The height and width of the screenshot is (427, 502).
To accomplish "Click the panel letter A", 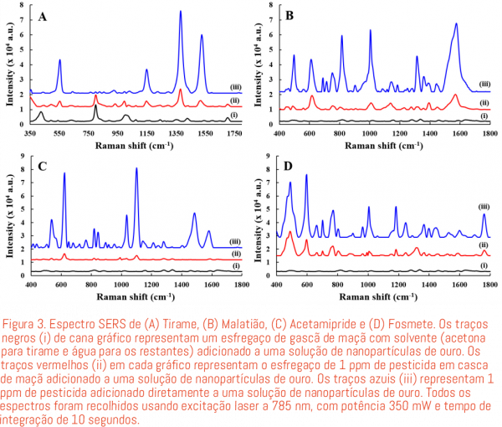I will (x=42, y=16).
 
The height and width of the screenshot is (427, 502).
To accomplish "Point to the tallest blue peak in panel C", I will (x=136, y=170).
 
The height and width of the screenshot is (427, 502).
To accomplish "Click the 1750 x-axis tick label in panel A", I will (x=235, y=134).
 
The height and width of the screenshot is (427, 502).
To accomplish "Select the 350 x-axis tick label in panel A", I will (x=31, y=134).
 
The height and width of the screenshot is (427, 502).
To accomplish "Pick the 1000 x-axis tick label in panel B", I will (x=370, y=134).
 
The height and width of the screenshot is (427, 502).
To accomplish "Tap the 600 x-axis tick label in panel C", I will (x=61, y=286).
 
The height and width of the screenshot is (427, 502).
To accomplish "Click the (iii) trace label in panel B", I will (x=484, y=85).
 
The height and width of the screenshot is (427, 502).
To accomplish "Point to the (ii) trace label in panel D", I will (x=483, y=244).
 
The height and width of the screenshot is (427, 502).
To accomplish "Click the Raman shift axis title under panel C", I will (x=134, y=297).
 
